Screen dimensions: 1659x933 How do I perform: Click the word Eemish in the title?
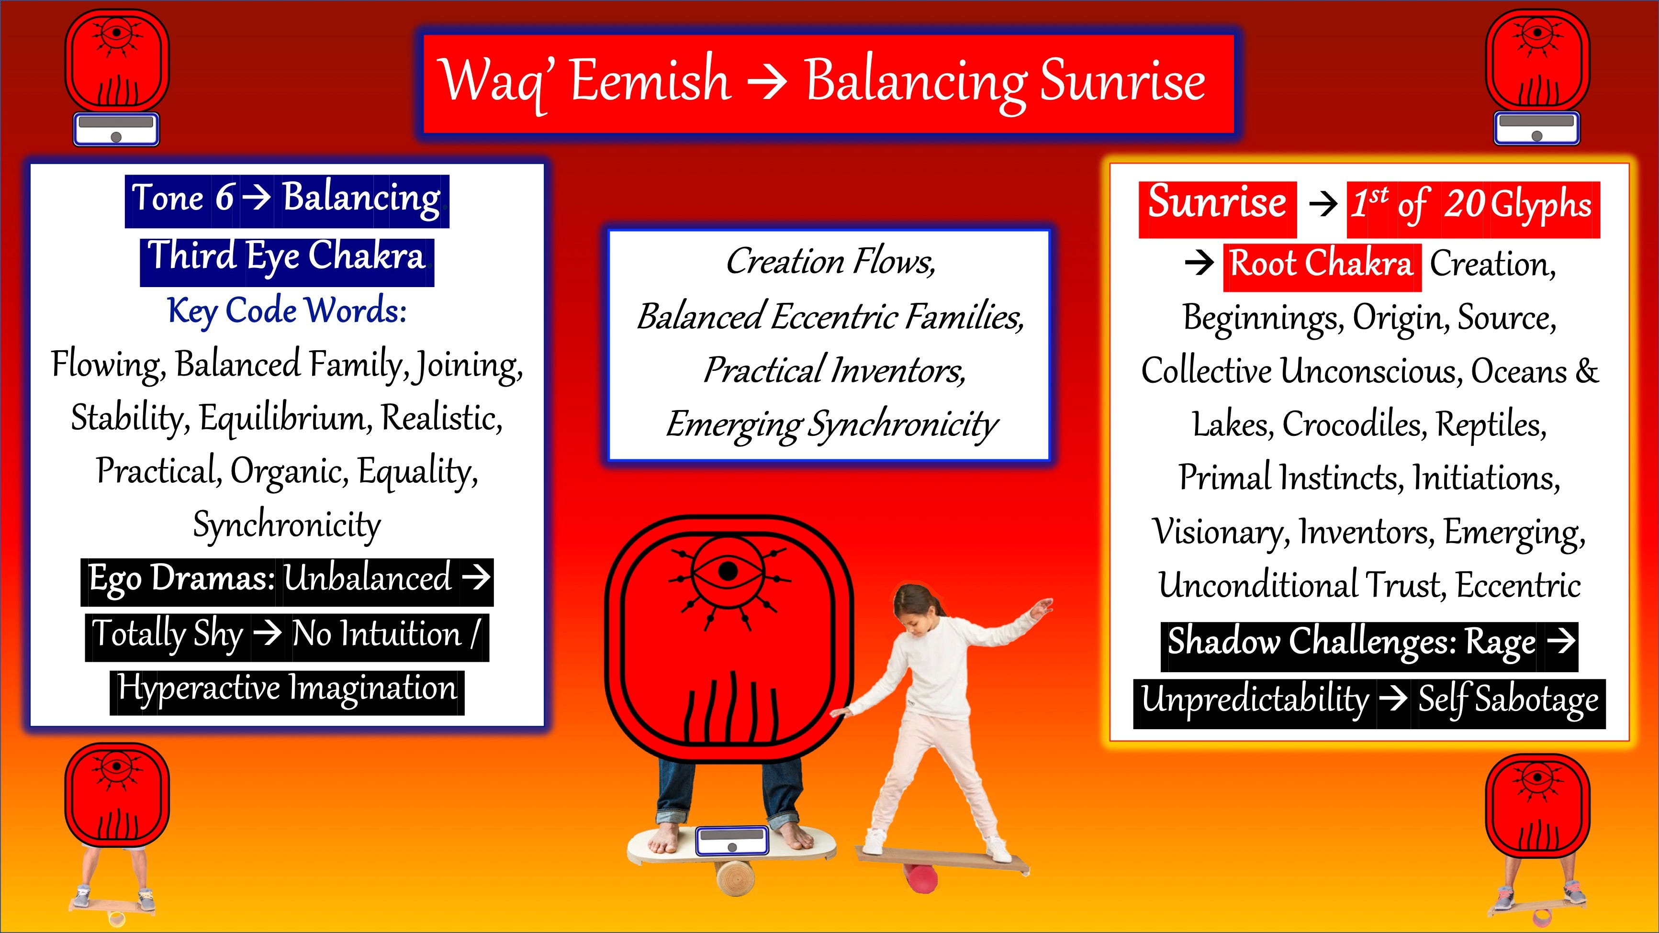pos(650,80)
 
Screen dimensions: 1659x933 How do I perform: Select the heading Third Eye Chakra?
pos(287,257)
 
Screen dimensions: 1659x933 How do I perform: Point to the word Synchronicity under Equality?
pos(287,525)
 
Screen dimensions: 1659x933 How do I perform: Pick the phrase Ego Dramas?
pos(181,578)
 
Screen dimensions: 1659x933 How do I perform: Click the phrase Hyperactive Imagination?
pos(287,689)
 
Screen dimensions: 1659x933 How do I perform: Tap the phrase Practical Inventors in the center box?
pos(834,370)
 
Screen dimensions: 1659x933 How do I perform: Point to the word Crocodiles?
pos(1353,424)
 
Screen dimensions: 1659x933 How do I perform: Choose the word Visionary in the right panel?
pos(1221,532)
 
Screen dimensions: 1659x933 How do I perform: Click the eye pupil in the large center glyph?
pos(728,570)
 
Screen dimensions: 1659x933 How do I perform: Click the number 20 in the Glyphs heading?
pos(1463,205)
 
